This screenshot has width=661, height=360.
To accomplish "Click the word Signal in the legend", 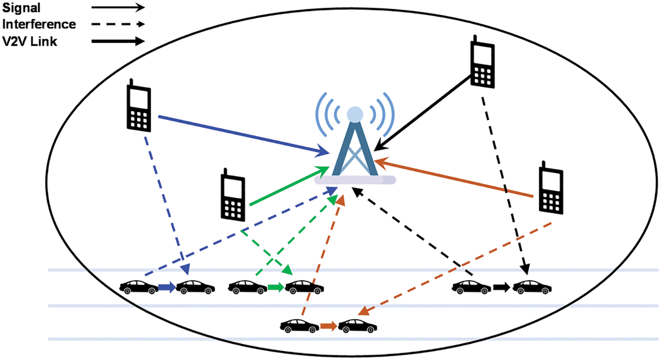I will pyautogui.click(x=21, y=8).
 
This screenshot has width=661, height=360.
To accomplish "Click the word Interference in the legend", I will pyautogui.click(x=39, y=24).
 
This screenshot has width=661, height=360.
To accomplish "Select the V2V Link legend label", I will pyautogui.click(x=29, y=42).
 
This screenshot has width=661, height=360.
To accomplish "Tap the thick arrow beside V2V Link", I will pyautogui.click(x=118, y=42).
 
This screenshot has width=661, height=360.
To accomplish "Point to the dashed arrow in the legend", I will pyautogui.click(x=118, y=25).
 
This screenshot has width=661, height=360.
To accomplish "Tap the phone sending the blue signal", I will pyautogui.click(x=139, y=107).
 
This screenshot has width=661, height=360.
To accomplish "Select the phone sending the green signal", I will pyautogui.click(x=232, y=196).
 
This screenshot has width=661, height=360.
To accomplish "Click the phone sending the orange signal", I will pyautogui.click(x=551, y=189).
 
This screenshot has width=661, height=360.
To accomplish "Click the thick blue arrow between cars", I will pyautogui.click(x=167, y=287).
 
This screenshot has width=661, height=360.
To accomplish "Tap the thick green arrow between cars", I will pyautogui.click(x=276, y=287).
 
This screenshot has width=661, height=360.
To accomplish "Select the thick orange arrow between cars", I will pyautogui.click(x=328, y=326).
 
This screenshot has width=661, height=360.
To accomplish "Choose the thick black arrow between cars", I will pyautogui.click(x=501, y=287).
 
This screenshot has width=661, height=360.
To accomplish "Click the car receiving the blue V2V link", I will pyautogui.click(x=195, y=287).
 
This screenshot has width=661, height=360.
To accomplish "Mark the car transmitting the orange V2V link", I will pyautogui.click(x=300, y=326).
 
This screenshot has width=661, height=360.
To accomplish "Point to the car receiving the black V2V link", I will pyautogui.click(x=532, y=287).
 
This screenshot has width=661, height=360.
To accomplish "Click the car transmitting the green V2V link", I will pyautogui.click(x=247, y=287).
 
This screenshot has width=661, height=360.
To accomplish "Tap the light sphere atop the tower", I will pyautogui.click(x=355, y=114).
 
